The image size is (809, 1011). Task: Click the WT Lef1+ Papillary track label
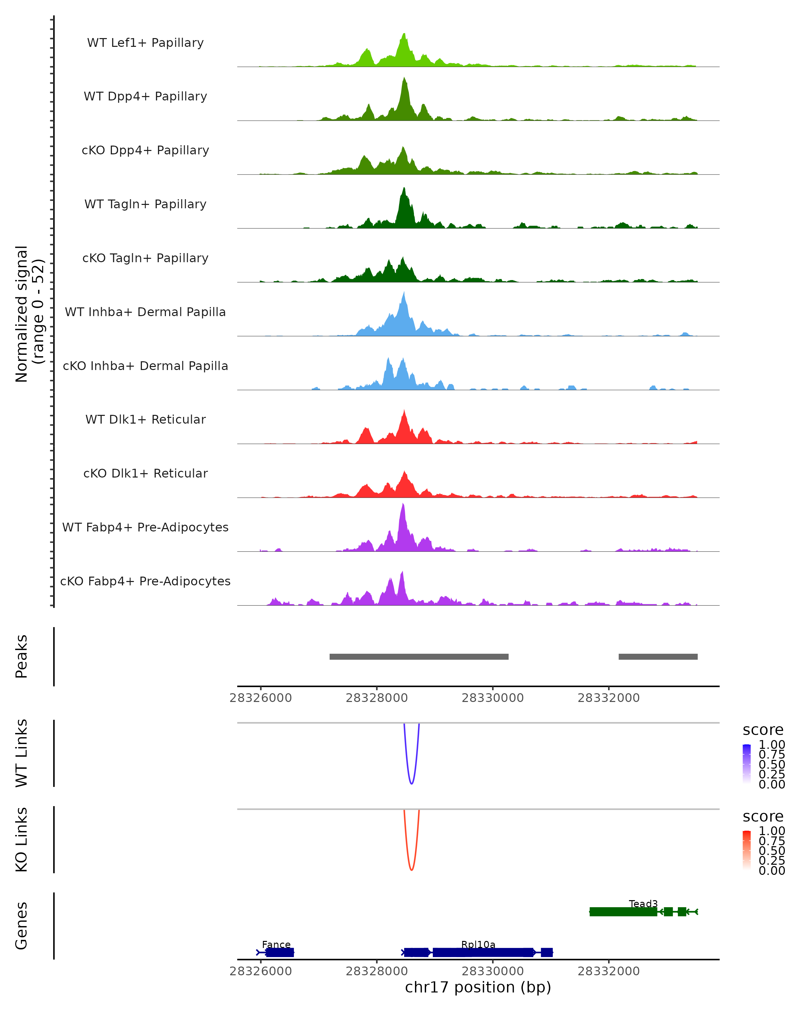(x=145, y=43)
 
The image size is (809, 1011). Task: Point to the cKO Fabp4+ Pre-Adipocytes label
(x=145, y=581)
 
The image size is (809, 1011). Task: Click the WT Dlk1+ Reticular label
(x=145, y=419)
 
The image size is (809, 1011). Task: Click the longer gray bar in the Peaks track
(x=419, y=656)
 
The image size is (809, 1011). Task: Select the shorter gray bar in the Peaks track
(x=658, y=656)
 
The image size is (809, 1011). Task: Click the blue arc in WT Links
(x=411, y=783)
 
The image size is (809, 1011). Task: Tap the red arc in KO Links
(x=411, y=869)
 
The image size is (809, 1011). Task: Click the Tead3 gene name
(x=643, y=903)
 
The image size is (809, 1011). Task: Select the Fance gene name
(x=276, y=944)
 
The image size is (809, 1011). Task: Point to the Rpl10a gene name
(x=478, y=944)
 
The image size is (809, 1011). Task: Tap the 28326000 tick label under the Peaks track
(x=261, y=698)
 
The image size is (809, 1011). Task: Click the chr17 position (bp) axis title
(x=478, y=987)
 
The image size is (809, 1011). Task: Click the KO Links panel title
(x=22, y=839)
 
